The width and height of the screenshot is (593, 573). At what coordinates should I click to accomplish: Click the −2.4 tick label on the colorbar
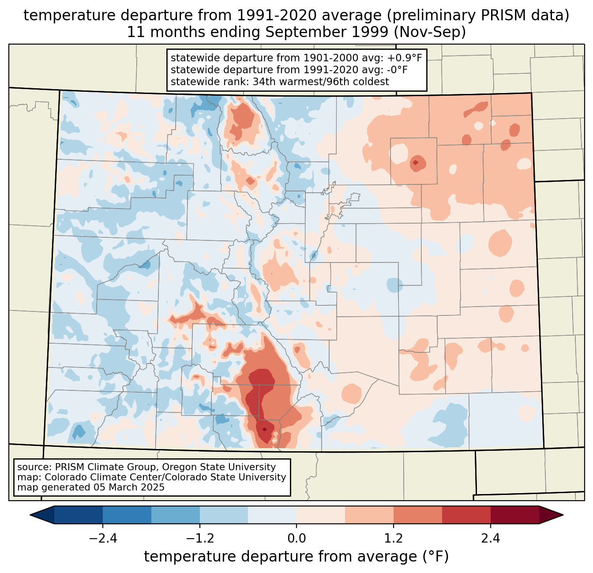103,539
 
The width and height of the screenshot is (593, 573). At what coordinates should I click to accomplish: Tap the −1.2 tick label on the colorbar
200,539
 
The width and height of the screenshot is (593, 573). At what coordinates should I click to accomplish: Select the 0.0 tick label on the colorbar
296,539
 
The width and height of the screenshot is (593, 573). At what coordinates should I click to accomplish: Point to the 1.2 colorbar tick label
394,539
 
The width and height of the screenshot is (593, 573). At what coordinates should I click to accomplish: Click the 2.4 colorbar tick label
490,539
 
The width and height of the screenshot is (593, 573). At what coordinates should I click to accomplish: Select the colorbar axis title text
296,557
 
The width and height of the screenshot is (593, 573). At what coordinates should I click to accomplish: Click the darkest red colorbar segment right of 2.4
514,515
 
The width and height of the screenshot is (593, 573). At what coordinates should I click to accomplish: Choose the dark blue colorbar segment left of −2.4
79,515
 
